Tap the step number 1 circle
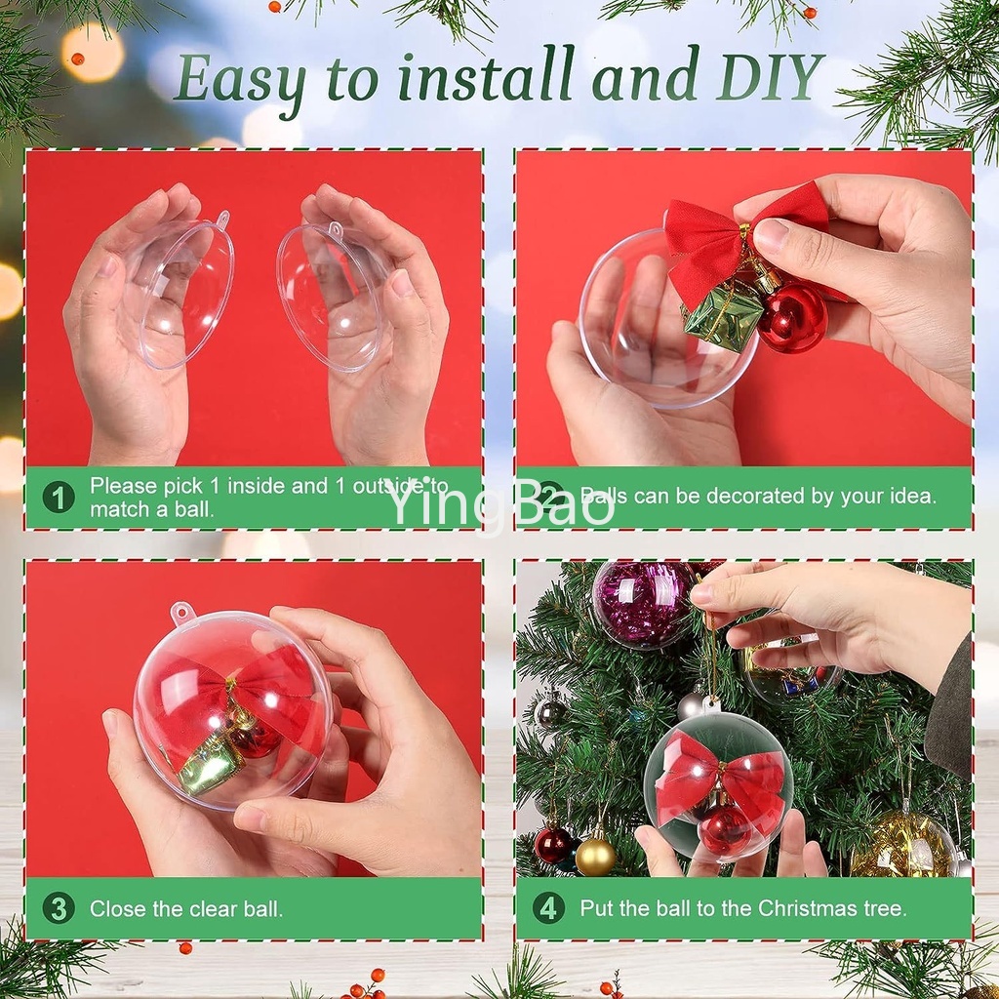tap(59, 497)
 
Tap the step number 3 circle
tap(59, 908)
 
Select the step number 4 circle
tap(548, 908)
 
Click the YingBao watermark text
tap(499, 502)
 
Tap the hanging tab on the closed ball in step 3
tap(181, 612)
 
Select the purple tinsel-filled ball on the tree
tap(644, 603)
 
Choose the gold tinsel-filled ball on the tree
tap(903, 844)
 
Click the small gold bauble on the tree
tap(595, 857)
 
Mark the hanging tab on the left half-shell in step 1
tap(222, 219)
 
